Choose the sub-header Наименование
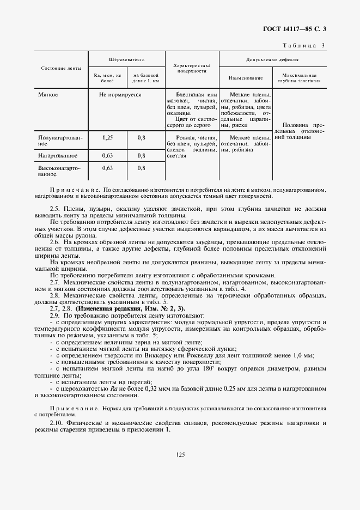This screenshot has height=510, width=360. point(246,78)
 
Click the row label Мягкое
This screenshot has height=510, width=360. point(48,94)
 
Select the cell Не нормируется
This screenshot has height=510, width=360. point(120,94)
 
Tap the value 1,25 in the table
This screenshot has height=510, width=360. point(107,138)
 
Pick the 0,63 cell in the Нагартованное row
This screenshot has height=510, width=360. point(107,155)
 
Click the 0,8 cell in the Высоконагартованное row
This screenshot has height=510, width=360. point(141,168)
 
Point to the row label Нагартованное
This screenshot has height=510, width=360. point(57,155)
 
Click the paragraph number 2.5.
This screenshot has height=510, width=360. point(54,209)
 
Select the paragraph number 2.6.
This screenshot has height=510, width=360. point(54,241)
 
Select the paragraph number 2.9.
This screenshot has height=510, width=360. point(54,315)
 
